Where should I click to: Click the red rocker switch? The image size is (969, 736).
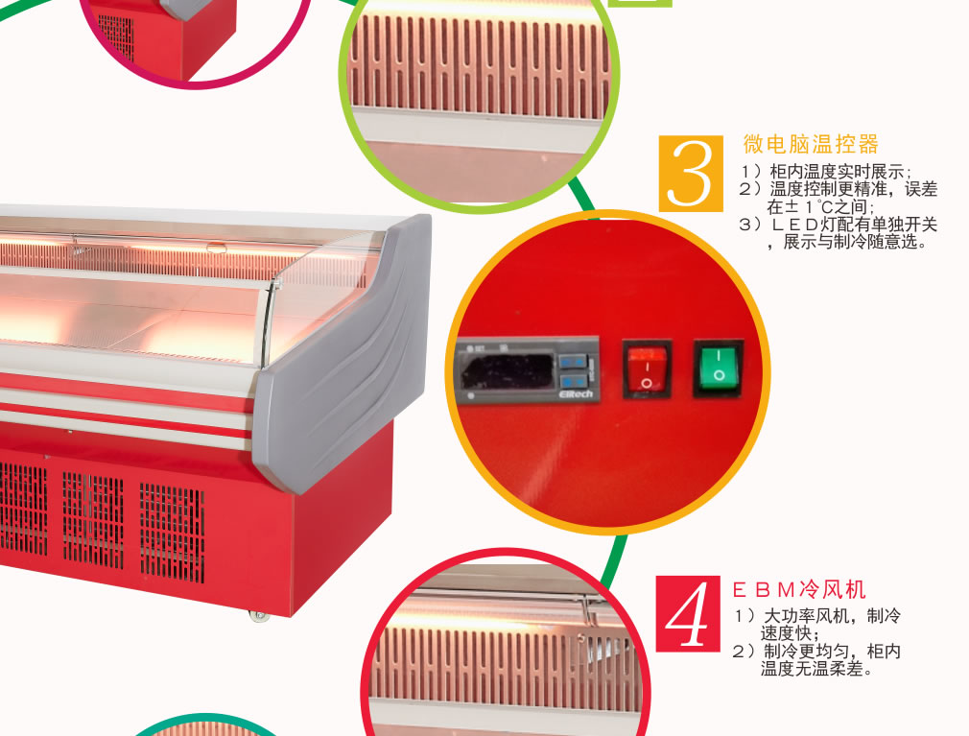647,369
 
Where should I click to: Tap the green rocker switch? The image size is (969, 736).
718,368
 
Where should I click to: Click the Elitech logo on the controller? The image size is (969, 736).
576,393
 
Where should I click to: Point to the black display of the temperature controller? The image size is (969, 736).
506,371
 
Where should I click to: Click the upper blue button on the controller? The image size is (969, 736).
573,361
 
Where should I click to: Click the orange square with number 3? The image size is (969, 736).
690,174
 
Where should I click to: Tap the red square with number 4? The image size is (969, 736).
688,613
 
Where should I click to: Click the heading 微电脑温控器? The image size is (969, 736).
810,144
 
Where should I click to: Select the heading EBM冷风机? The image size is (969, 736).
798,589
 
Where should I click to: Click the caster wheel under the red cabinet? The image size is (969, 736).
259,615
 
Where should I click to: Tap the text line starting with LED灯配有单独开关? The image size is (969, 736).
838,225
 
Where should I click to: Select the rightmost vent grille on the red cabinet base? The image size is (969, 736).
172,533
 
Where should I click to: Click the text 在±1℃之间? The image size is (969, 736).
820,207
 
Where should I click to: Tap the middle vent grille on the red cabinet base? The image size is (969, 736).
93,520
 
